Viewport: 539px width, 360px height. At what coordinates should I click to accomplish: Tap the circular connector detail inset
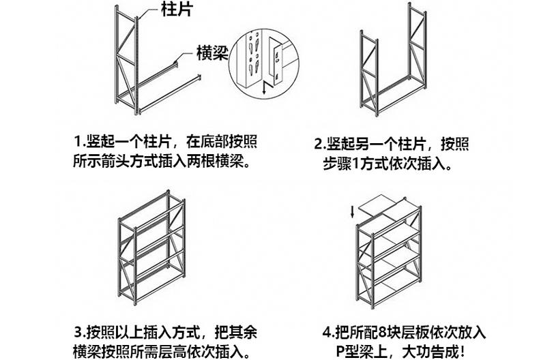(263, 61)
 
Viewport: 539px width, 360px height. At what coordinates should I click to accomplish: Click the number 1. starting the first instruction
(79, 142)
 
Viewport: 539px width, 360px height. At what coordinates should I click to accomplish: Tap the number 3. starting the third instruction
(79, 333)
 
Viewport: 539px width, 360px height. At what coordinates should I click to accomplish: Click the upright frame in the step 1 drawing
(127, 58)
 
